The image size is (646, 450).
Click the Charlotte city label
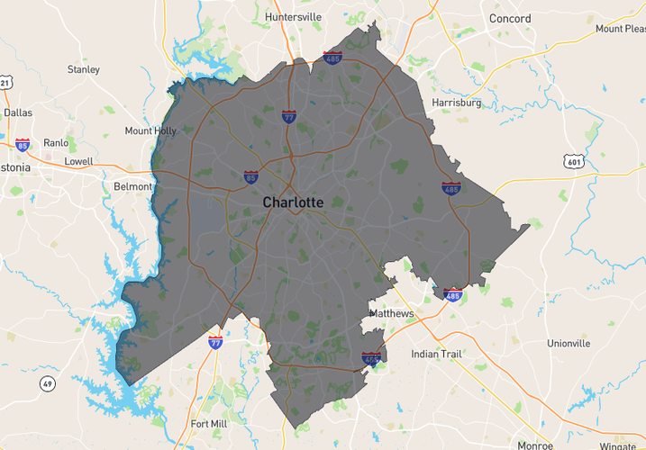pyautogui.click(x=293, y=202)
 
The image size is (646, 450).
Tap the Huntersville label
pyautogui.click(x=293, y=16)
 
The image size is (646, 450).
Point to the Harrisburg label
pyautogui.click(x=457, y=103)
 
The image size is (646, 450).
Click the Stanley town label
pyautogui.click(x=84, y=69)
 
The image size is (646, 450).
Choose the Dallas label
pyautogui.click(x=18, y=112)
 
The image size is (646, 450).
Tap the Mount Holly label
pyautogui.click(x=150, y=130)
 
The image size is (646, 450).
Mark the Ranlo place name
pyautogui.click(x=56, y=142)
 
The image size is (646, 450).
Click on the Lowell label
pyautogui.click(x=78, y=161)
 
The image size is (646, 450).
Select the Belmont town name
pyautogui.click(x=133, y=186)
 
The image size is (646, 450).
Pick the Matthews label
pyautogui.click(x=392, y=313)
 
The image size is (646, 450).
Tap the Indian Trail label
pyautogui.click(x=437, y=354)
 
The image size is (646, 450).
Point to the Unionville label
pyautogui.click(x=569, y=343)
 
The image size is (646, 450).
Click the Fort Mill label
pyautogui.click(x=209, y=424)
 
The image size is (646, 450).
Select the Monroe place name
pyautogui.click(x=535, y=445)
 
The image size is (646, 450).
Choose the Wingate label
pyautogui.click(x=617, y=445)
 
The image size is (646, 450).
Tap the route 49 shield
pyautogui.click(x=46, y=384)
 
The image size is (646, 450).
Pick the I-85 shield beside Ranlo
pyautogui.click(x=23, y=144)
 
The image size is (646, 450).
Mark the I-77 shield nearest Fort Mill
pyautogui.click(x=215, y=342)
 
